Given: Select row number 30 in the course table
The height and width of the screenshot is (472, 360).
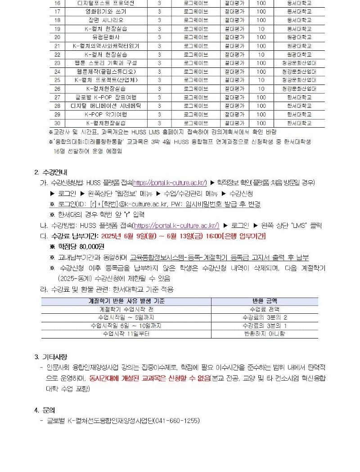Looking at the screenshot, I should click(x=57, y=123).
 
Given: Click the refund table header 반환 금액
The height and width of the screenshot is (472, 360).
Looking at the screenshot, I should click(x=264, y=301).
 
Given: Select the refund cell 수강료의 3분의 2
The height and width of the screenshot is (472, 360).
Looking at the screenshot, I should click(x=264, y=317).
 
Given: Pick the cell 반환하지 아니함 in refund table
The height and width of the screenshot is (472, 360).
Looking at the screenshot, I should click(x=264, y=334).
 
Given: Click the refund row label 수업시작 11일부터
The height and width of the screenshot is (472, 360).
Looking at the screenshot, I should click(x=126, y=334).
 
